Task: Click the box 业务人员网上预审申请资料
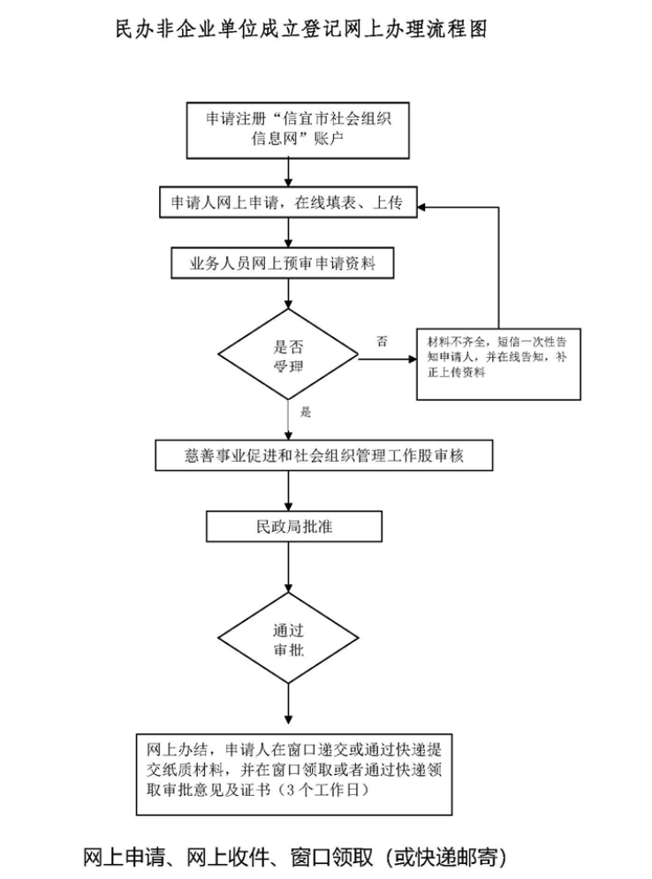click(287, 263)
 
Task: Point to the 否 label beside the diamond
click(382, 341)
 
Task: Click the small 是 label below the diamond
click(306, 412)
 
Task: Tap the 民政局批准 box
click(294, 527)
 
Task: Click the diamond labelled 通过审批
click(288, 641)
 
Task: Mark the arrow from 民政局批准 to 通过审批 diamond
click(288, 565)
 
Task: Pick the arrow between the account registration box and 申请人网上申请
click(288, 173)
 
